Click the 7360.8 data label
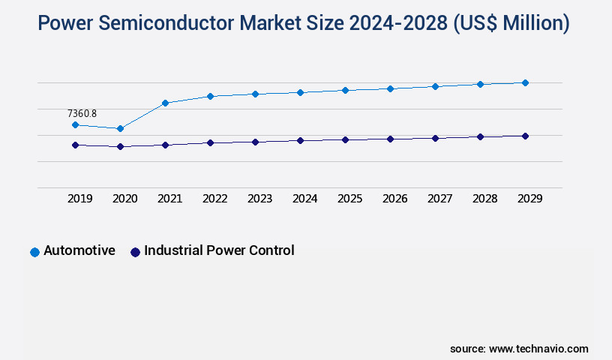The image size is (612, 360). [82, 113]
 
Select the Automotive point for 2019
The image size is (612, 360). [75, 125]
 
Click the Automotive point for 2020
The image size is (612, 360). [120, 129]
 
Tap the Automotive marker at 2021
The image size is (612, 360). [165, 103]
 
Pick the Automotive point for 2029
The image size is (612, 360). [525, 82]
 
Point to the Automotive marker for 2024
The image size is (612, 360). [300, 92]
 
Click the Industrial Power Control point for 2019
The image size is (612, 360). [75, 145]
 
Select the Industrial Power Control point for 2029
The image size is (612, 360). [525, 136]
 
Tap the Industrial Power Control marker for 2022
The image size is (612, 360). [210, 142]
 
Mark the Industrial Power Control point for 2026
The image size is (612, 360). [390, 139]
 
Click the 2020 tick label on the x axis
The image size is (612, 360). [124, 199]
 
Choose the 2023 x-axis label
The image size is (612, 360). [259, 199]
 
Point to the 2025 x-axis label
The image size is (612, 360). [349, 199]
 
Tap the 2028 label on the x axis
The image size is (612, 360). [484, 199]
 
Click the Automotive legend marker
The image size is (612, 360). [34, 252]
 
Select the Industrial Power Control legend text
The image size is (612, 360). [219, 250]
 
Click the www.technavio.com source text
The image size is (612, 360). [538, 349]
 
